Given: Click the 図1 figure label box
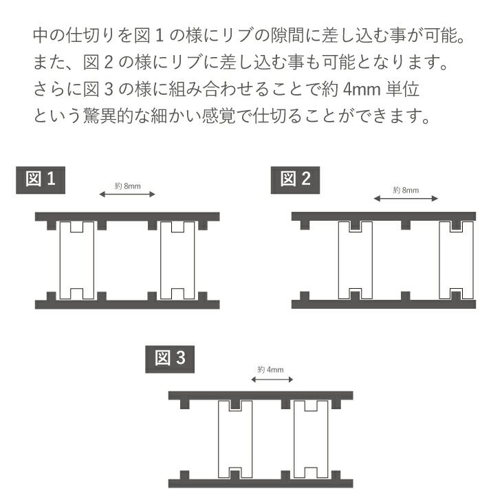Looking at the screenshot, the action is click(x=41, y=180).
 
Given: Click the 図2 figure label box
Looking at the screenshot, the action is click(x=295, y=180).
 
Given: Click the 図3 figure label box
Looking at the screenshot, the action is click(x=170, y=359).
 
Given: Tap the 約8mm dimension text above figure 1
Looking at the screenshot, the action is click(x=127, y=186).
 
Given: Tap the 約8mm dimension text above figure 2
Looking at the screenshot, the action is click(x=406, y=190).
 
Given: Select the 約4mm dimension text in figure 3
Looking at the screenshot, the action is click(x=270, y=370).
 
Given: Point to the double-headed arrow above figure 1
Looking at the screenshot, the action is click(x=127, y=194).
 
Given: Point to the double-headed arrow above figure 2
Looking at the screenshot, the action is click(x=406, y=199).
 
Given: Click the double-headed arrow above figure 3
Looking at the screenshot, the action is click(x=272, y=380).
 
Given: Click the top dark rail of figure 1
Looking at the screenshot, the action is click(x=127, y=217).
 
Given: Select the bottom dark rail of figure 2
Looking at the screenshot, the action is click(x=384, y=304).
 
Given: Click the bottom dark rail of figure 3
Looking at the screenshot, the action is click(x=261, y=483).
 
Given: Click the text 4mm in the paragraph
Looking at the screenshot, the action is click(x=362, y=89).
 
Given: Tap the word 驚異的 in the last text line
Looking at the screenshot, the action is click(x=108, y=116).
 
